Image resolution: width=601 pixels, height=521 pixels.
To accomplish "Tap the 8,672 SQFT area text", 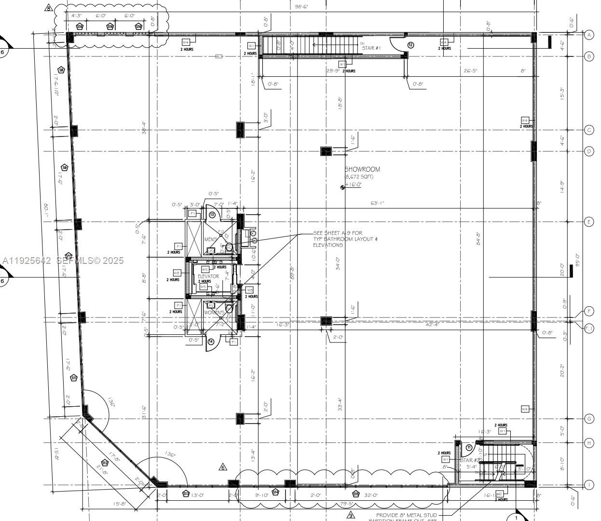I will (x=359, y=177).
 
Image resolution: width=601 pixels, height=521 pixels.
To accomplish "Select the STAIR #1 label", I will (x=371, y=48).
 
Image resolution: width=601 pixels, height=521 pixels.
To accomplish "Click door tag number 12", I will (x=410, y=45).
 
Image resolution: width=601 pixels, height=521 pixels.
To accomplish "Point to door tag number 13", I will (x=212, y=215).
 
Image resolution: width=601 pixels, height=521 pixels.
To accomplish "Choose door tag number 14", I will (x=211, y=342).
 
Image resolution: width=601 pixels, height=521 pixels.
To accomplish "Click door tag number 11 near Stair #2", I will (x=468, y=448).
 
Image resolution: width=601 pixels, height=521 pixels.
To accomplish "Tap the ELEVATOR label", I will (x=208, y=276).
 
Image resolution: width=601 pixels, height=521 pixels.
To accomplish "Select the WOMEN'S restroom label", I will (x=214, y=313).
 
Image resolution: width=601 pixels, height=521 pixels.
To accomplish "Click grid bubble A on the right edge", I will (x=589, y=35).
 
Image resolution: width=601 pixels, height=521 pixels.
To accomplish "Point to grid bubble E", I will (x=589, y=222).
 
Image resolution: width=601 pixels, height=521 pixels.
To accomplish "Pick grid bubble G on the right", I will (x=589, y=419).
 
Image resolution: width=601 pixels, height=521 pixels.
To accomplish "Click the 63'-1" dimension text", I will (x=377, y=204).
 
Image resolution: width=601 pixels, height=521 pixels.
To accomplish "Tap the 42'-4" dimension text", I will (x=432, y=325).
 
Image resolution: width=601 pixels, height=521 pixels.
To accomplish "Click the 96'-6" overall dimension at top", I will (x=301, y=7).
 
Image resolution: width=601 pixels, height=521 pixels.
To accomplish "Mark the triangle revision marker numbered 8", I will (x=48, y=8).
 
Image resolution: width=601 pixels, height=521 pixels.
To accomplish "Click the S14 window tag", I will (x=275, y=492).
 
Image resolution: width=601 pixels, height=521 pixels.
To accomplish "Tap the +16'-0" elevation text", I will (x=353, y=185).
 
